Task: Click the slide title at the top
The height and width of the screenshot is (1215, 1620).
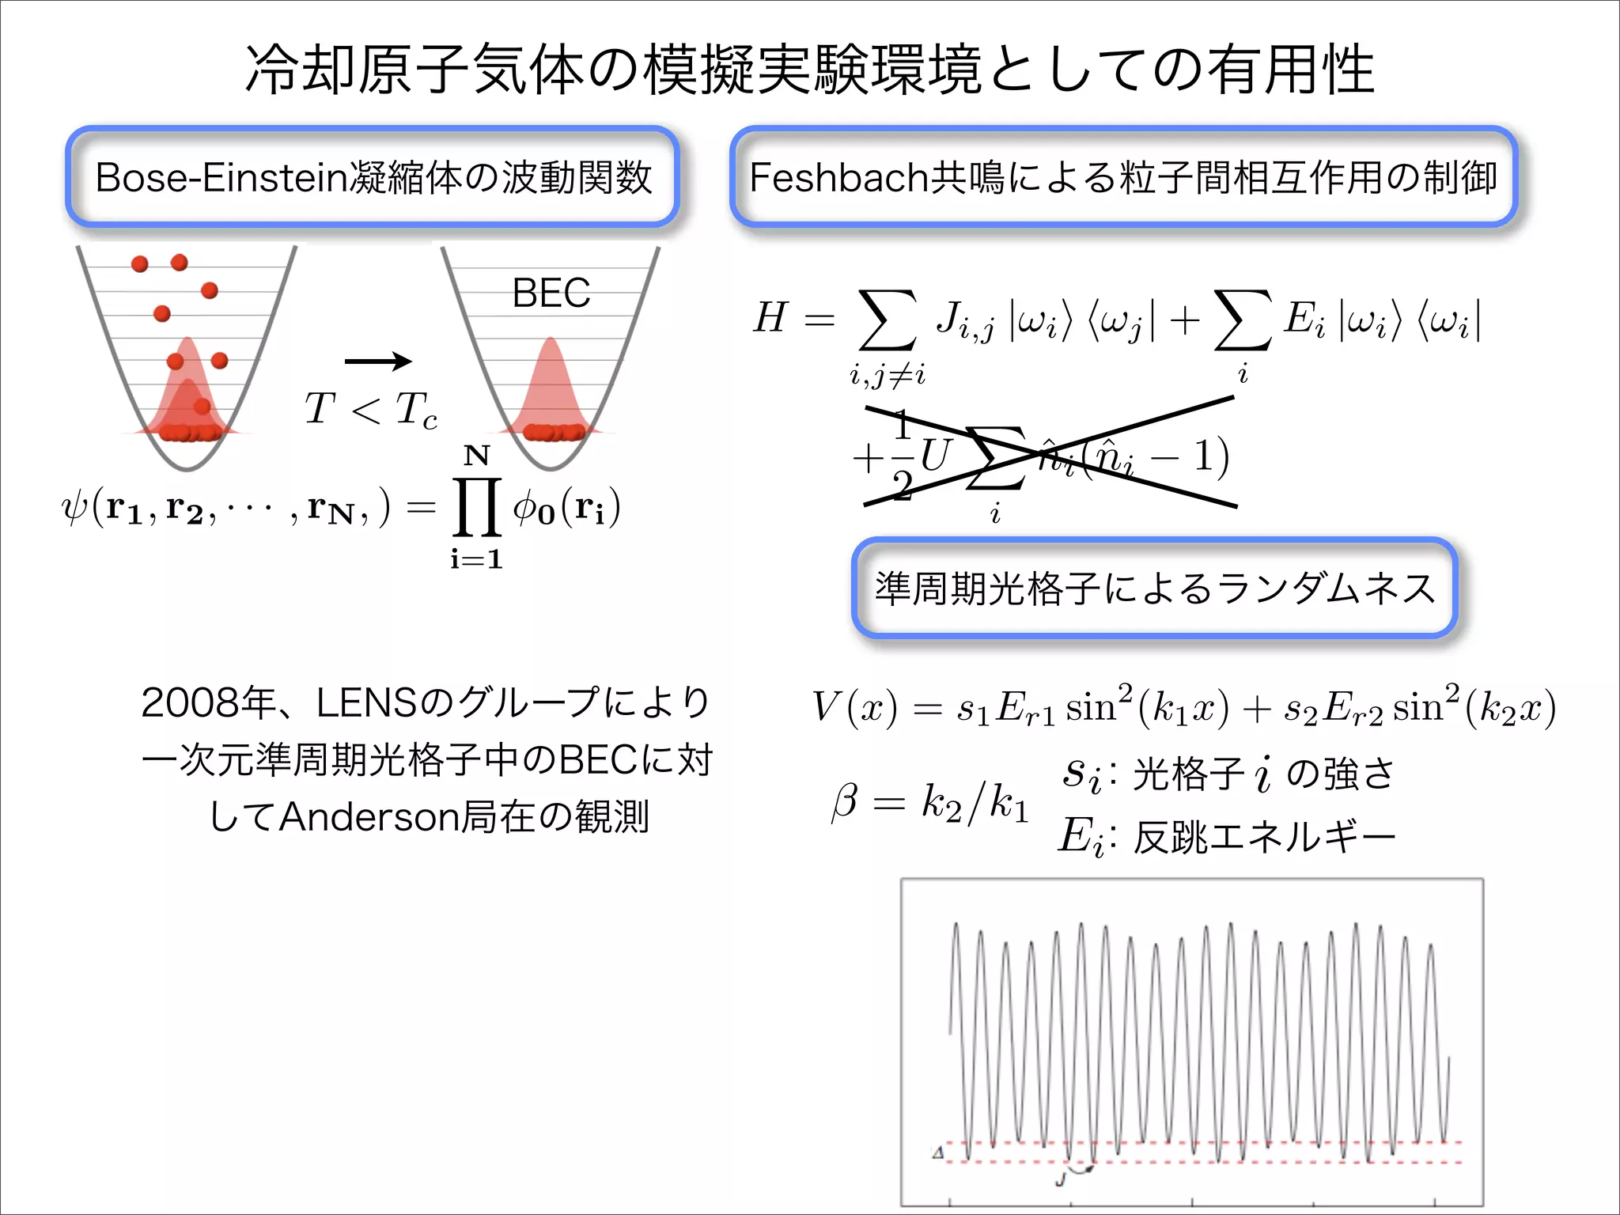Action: point(810,70)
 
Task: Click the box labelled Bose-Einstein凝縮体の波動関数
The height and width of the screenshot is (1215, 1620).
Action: point(373,177)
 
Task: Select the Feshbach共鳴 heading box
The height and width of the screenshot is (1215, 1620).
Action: point(1123,177)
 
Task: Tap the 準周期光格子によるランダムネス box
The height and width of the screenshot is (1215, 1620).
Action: point(1155,589)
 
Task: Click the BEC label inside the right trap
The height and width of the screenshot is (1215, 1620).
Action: point(551,293)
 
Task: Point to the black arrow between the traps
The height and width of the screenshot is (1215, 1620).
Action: point(378,361)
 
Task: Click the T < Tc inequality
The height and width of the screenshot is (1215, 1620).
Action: point(370,410)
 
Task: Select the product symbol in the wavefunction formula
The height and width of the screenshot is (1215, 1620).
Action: point(476,506)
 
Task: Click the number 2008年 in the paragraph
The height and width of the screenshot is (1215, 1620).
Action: point(206,702)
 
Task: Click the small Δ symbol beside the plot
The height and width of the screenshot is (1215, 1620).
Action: point(938,1153)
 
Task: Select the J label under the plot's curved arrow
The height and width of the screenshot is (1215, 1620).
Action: point(1061,1180)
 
